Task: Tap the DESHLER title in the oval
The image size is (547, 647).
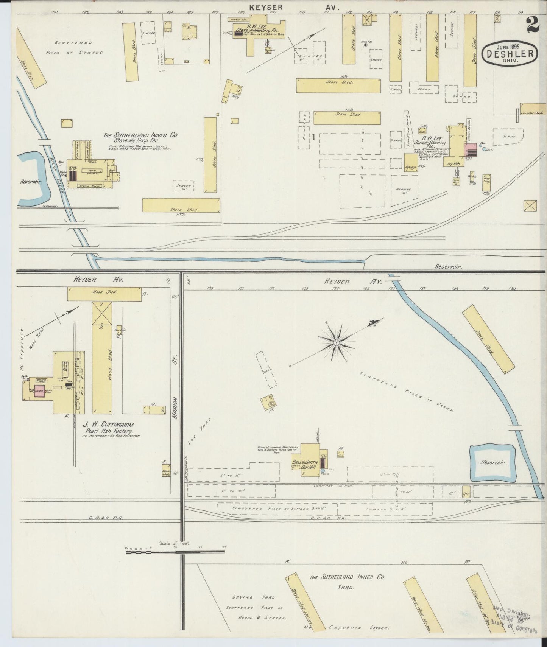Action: [510, 54]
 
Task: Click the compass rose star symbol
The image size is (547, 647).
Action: [336, 343]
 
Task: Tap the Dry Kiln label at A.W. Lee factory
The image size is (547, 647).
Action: [452, 164]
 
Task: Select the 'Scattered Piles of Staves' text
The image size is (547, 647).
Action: [74, 48]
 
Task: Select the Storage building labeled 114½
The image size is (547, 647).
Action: [411, 163]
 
